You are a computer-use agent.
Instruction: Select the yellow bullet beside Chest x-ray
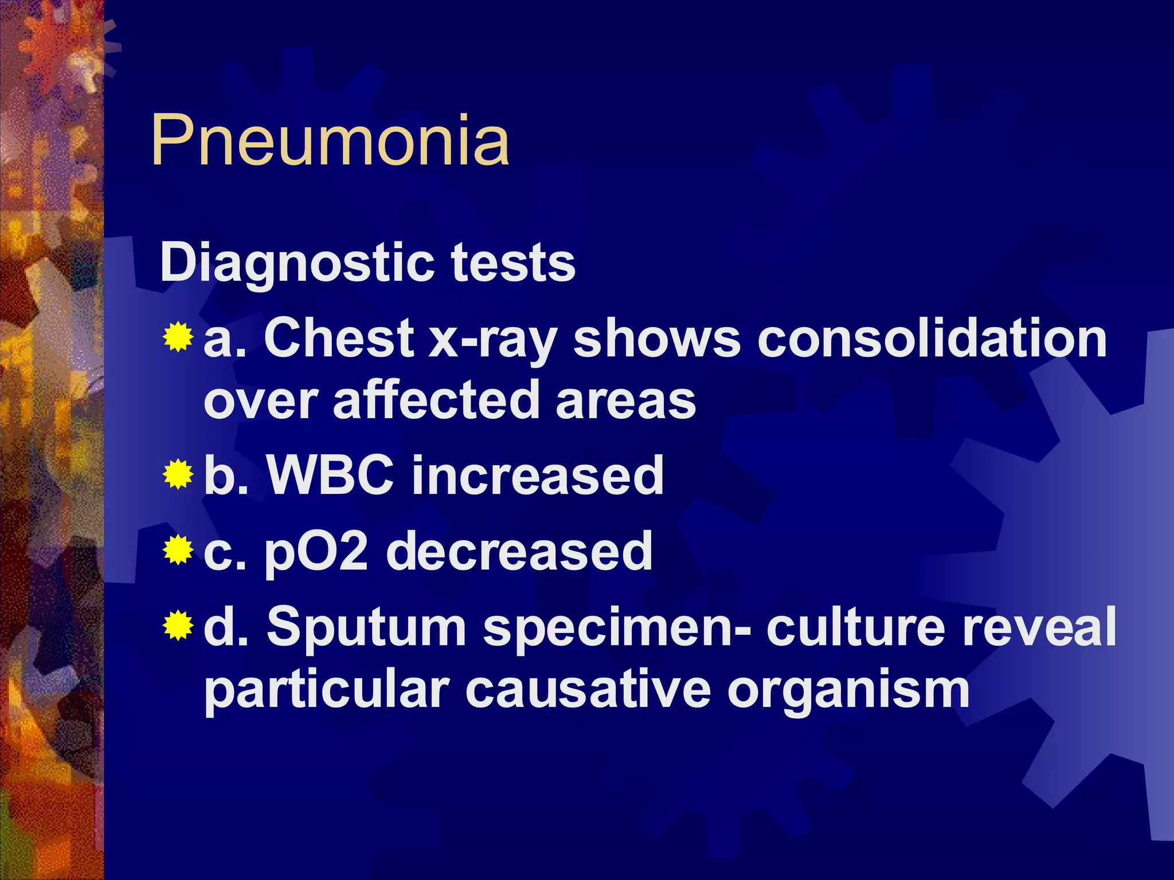[178, 337]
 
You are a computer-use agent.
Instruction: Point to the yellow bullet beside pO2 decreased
[178, 551]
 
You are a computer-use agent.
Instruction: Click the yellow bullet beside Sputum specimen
[178, 626]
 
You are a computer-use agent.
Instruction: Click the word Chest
[339, 339]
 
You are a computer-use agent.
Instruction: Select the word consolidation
[932, 339]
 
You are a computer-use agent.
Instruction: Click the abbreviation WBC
[331, 475]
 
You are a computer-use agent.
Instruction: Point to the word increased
[538, 475]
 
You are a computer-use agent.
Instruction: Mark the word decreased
[519, 551]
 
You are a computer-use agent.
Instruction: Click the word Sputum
[366, 628]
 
